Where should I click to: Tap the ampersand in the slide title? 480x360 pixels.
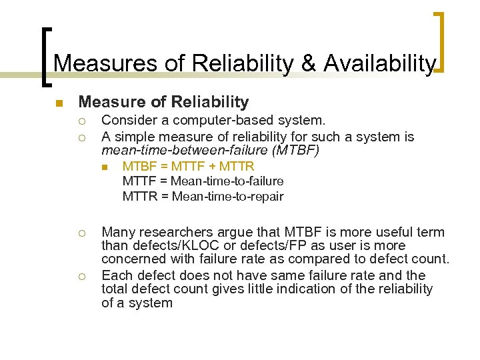click(308, 63)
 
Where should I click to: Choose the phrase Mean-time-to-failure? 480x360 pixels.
click(227, 181)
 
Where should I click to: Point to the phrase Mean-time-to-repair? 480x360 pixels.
click(227, 196)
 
